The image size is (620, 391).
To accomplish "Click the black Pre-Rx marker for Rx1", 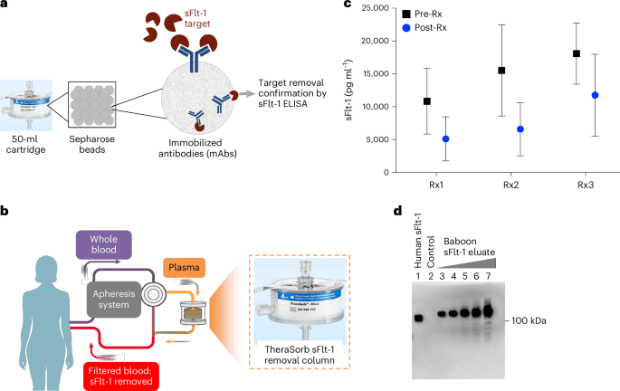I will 426,101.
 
